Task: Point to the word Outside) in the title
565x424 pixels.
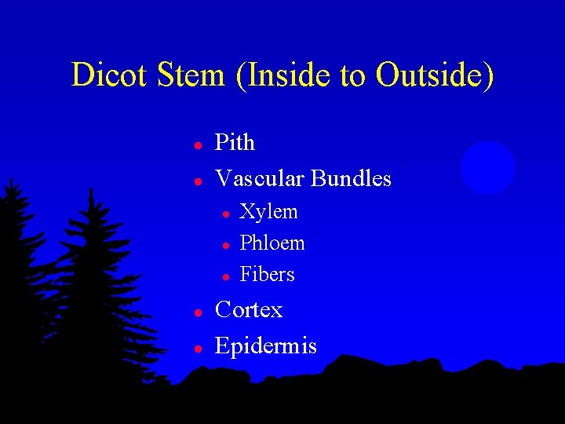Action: (x=435, y=75)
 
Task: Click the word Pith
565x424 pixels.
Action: (x=235, y=143)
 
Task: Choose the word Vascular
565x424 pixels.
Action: (x=260, y=179)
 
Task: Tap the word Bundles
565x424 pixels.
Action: (x=351, y=179)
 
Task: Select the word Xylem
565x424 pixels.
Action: (x=268, y=212)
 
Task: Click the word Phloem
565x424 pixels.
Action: (x=272, y=243)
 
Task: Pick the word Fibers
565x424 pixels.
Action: (x=267, y=275)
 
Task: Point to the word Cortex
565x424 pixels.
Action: (x=249, y=310)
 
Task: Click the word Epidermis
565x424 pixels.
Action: (x=266, y=346)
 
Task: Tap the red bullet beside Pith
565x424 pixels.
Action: (x=199, y=145)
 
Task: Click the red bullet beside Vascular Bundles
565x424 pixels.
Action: (x=199, y=181)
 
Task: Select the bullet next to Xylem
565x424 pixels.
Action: (x=225, y=214)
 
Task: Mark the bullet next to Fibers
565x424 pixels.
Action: (x=225, y=276)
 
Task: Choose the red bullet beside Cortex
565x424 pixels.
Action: (x=199, y=313)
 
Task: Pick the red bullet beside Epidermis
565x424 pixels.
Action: (x=199, y=348)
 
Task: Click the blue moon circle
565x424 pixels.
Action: (x=488, y=168)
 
